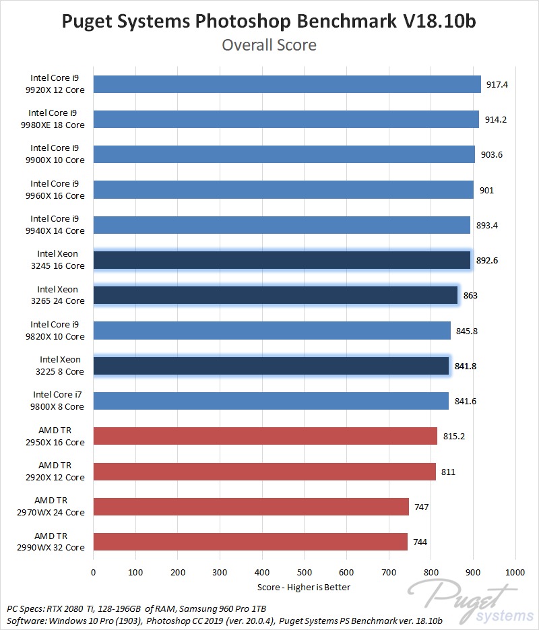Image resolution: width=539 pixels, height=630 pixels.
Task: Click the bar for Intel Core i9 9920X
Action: (x=287, y=84)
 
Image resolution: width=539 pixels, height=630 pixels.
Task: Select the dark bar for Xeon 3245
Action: (x=282, y=260)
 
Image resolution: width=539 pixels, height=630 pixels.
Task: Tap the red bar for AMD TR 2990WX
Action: (x=250, y=542)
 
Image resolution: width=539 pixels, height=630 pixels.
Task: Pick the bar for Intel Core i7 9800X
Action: (x=271, y=401)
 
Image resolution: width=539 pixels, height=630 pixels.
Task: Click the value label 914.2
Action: (x=496, y=119)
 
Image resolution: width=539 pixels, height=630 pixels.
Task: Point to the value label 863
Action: (x=471, y=295)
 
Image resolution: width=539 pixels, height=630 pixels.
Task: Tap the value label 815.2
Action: (x=454, y=436)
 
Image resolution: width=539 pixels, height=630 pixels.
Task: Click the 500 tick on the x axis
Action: (x=305, y=572)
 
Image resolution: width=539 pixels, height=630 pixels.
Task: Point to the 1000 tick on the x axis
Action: (x=515, y=572)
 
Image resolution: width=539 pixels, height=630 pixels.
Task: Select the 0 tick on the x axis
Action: (x=94, y=572)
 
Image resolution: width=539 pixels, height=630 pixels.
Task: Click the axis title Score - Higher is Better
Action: (x=304, y=587)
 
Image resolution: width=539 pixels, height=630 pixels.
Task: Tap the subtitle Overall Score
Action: (x=269, y=45)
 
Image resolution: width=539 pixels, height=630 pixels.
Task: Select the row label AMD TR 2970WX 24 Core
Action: (x=59, y=507)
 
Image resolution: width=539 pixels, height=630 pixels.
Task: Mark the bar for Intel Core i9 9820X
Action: (x=272, y=330)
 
